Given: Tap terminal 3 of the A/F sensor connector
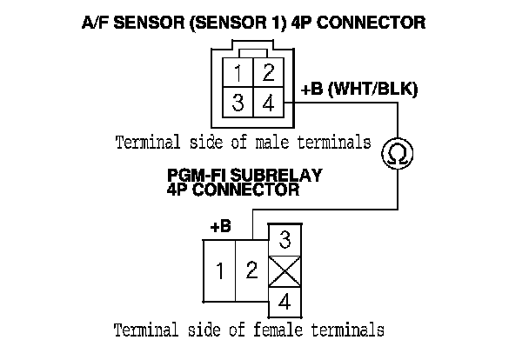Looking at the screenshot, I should click(238, 103).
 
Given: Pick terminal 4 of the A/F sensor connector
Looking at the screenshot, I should click(269, 103).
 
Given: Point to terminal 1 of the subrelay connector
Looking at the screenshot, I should click(220, 271).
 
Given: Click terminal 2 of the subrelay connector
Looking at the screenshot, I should click(251, 271).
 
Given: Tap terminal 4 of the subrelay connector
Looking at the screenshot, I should click(285, 304).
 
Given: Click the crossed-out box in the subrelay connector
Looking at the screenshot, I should click(285, 272).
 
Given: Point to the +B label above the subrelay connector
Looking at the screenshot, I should click(221, 226).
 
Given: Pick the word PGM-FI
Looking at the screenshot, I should click(192, 175).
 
